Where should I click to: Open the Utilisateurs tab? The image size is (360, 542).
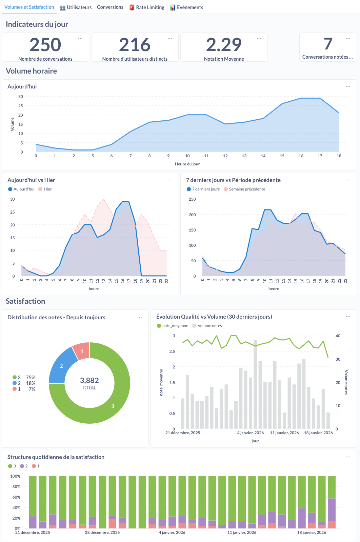coord(76,7)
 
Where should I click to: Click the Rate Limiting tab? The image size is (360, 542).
coord(147,7)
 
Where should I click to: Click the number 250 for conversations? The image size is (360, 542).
coord(45,45)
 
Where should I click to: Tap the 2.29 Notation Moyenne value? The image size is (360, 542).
coord(224,45)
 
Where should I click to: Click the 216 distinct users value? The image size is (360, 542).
coord(135,45)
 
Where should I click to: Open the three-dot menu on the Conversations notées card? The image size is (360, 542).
coord(348,39)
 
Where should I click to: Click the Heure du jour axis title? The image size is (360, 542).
coord(187,164)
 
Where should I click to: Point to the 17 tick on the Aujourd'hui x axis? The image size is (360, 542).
coord(320,156)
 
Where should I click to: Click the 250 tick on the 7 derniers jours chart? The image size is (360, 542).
coord(192,199)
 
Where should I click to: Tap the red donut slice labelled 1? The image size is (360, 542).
coord(82,351)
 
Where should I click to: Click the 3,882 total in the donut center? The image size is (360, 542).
coord(89,380)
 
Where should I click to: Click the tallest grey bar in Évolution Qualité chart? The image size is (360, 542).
coord(255,383)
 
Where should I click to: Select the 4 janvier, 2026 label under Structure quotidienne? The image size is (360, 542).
coord(172,533)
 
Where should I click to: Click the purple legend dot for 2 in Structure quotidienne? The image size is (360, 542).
coord(22,466)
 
